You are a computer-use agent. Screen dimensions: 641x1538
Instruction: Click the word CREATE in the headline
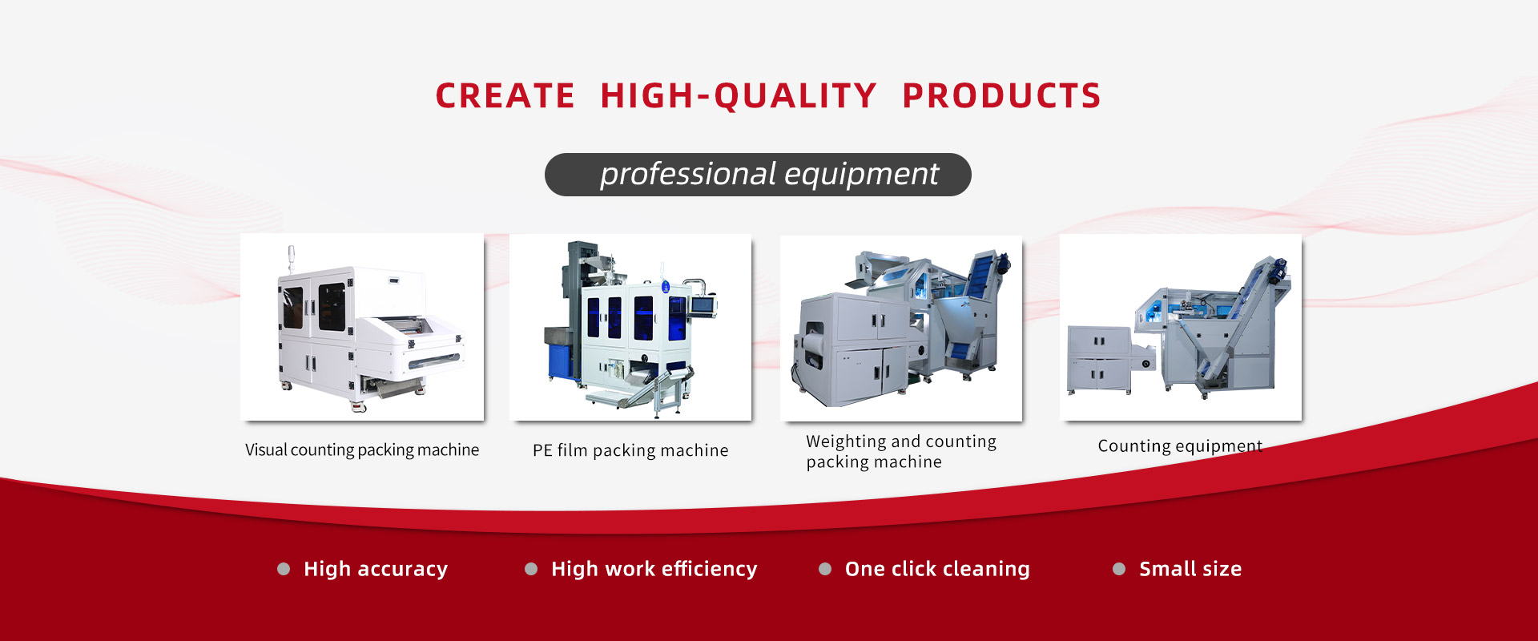[x=505, y=96]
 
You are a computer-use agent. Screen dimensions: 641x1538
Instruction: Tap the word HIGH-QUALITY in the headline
[x=738, y=96]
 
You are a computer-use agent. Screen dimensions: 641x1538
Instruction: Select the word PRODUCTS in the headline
[x=1001, y=96]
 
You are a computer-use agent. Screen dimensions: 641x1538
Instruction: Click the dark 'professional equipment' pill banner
[x=758, y=175]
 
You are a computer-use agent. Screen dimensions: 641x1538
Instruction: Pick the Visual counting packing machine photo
[x=362, y=327]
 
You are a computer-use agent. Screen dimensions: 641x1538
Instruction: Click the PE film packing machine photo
[x=630, y=327]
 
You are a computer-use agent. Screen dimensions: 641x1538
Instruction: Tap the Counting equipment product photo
[x=1181, y=327]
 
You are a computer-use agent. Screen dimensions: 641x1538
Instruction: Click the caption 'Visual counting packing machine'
[x=362, y=450]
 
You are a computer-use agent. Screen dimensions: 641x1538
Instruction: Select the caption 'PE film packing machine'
[x=630, y=450]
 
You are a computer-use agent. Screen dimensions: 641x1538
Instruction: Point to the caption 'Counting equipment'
[x=1180, y=445]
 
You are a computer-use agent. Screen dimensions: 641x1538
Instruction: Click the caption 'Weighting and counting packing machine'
[x=900, y=451]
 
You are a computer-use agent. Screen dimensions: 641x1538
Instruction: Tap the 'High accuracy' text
[x=375, y=569]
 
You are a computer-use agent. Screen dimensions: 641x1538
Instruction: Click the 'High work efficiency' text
[x=654, y=569]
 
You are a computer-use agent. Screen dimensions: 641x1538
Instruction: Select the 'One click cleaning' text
[x=937, y=569]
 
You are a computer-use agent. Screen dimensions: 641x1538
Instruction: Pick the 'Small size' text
[x=1190, y=569]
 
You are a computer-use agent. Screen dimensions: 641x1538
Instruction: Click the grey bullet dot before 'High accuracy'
[x=284, y=569]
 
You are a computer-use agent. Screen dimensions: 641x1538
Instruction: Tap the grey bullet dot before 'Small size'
[x=1119, y=569]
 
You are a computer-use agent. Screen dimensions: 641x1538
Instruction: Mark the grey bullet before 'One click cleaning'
[x=825, y=569]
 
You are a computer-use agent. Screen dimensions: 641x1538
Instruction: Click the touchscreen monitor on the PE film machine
[x=702, y=304]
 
